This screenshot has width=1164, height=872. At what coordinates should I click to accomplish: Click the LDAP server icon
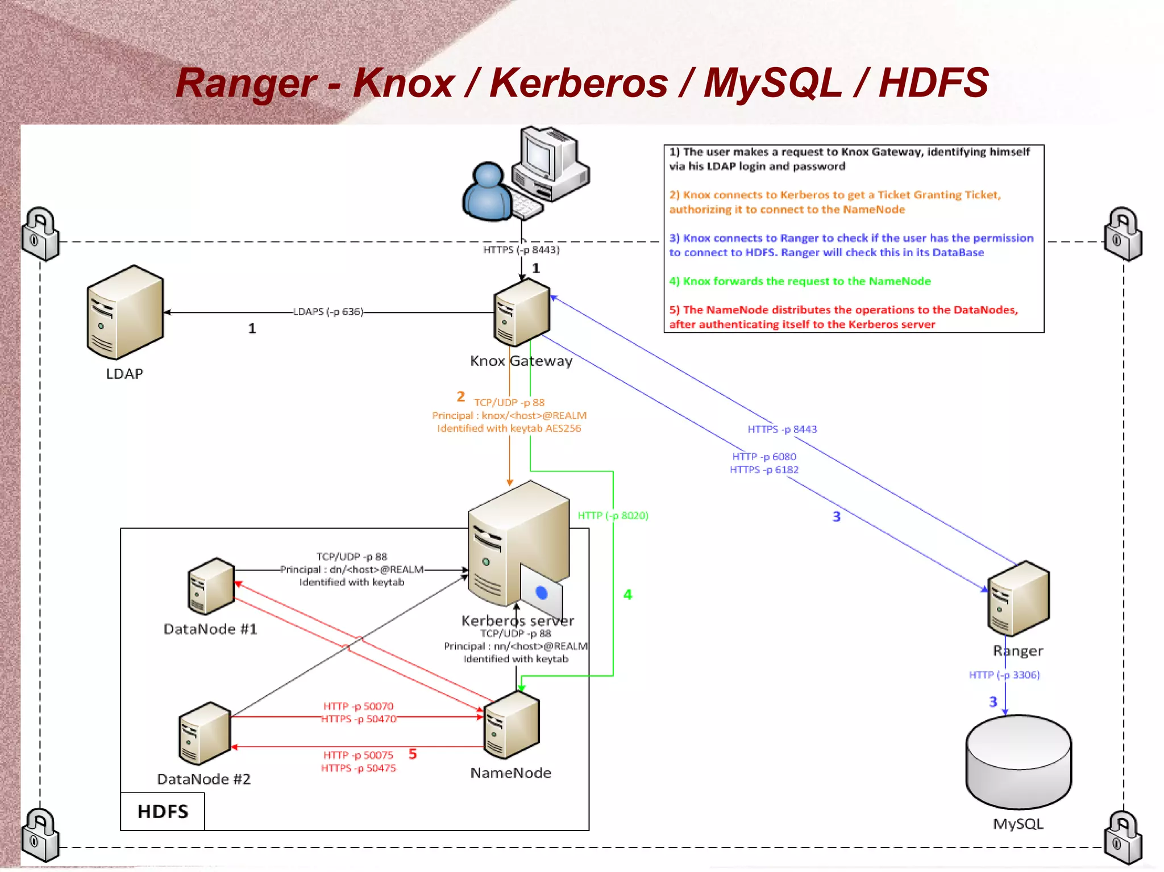point(125,312)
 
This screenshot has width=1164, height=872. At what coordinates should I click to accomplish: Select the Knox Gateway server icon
point(522,312)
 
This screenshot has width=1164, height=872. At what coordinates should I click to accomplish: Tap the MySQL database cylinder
point(1018,761)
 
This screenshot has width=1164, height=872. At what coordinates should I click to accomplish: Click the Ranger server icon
point(1018,598)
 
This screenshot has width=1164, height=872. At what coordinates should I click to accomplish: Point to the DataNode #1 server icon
point(211,586)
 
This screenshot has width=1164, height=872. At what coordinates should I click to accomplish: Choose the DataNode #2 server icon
point(205,733)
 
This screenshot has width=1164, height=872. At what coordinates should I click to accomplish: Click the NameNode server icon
point(511,725)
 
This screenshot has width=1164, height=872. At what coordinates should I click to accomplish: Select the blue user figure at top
point(488,192)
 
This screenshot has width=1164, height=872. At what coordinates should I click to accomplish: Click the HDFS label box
point(163,811)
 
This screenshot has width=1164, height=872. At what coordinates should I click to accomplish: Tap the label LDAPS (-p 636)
point(328,312)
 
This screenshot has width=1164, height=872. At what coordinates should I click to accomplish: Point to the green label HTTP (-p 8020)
point(613,515)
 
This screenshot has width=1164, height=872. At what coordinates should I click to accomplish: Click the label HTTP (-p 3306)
point(1004,675)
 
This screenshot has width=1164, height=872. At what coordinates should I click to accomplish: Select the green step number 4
point(627,594)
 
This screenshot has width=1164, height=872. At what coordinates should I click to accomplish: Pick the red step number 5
point(413,754)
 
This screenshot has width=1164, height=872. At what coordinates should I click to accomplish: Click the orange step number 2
point(460,396)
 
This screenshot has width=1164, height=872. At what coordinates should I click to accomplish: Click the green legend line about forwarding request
point(800,281)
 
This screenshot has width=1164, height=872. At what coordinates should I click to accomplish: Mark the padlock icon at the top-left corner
point(40,233)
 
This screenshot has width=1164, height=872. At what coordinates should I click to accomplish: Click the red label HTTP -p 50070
point(358,706)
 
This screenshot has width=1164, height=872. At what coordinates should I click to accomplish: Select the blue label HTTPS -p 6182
point(764,469)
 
